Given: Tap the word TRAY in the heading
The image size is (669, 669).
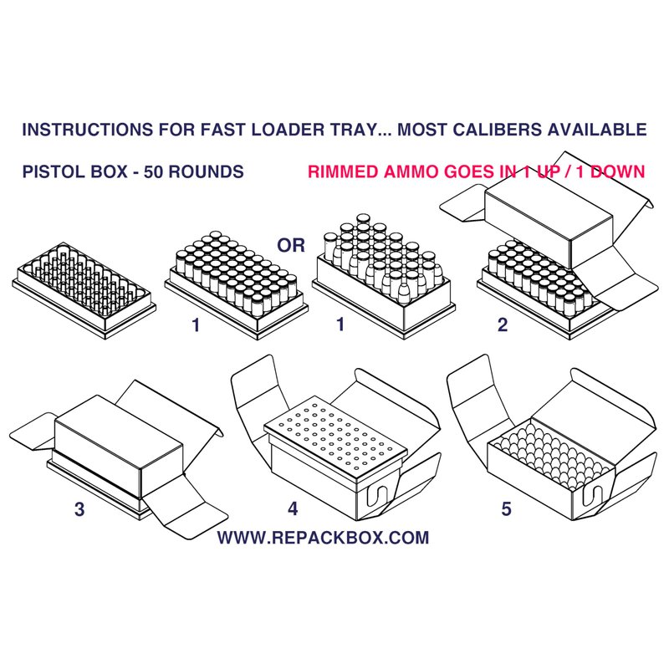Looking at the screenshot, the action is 353,130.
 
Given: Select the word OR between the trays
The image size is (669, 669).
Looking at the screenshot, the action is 291,245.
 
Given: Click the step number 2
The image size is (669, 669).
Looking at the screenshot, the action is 503,325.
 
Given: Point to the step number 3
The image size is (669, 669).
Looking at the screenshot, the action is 79,509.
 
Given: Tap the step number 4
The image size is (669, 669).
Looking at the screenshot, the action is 293,508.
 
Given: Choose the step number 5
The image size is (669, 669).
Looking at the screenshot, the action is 506,508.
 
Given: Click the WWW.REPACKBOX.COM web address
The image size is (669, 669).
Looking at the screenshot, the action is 323,538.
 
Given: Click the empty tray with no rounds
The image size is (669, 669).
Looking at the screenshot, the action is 84,290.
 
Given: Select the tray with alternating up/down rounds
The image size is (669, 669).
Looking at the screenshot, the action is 384,277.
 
